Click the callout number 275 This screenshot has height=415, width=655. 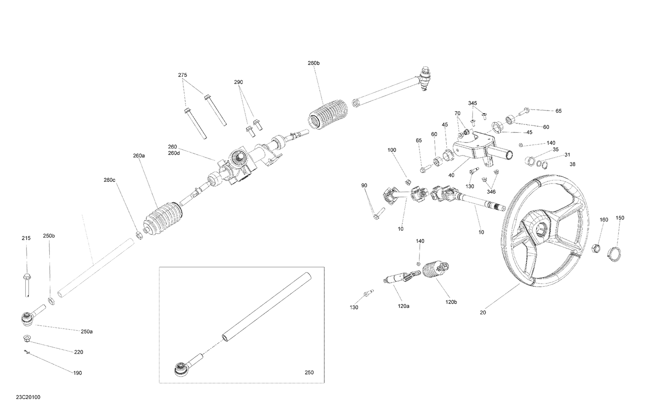(183, 75)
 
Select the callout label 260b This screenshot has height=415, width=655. (314, 63)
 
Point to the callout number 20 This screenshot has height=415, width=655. (483, 312)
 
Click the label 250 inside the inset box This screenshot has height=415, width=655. (309, 373)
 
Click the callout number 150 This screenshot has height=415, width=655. (620, 218)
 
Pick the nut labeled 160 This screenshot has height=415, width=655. (595, 250)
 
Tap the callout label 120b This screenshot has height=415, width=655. (451, 302)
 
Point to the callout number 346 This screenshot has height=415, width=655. (491, 192)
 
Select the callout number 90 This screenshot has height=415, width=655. (364, 186)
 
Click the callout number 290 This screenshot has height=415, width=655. (238, 82)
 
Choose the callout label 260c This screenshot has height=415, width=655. (110, 180)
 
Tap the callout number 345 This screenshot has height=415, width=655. (472, 103)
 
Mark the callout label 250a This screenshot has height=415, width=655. (86, 332)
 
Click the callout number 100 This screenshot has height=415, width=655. (392, 150)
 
